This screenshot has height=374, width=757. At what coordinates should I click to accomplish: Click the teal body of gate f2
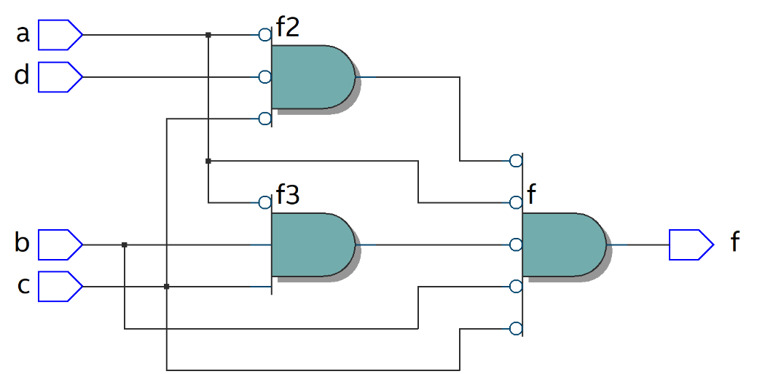312,76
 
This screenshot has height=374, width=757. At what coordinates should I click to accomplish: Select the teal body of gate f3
312,244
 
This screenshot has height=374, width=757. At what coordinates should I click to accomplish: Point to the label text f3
288,196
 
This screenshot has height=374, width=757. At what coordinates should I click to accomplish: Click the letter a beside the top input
23,33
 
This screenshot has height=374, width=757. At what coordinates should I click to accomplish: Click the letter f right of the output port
735,242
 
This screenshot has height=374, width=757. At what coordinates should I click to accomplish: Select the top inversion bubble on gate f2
265,34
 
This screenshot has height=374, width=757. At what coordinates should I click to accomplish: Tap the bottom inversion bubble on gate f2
265,119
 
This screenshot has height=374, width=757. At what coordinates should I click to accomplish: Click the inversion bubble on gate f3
265,202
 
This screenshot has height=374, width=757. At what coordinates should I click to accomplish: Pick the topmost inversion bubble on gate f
516,160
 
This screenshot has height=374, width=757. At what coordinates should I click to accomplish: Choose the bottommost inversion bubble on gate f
516,328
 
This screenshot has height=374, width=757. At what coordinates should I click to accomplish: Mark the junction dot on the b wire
125,244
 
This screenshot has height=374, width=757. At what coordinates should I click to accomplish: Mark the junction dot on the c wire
167,287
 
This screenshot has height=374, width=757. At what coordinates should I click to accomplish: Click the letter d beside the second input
23,75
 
